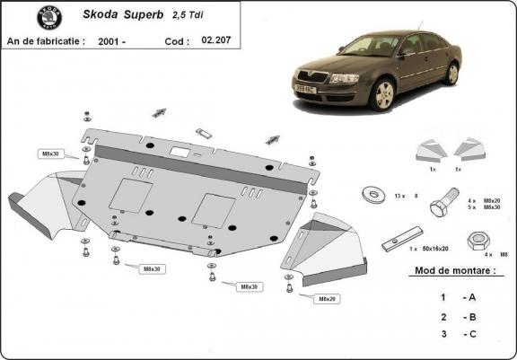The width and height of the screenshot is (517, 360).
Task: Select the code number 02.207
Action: [x=215, y=40]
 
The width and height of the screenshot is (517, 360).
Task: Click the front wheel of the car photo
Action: [x=386, y=92]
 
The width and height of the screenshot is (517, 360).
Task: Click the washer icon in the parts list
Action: [x=370, y=194]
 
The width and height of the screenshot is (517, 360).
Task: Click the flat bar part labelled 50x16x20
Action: [x=395, y=242]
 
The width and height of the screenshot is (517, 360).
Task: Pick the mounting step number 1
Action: [x=443, y=296]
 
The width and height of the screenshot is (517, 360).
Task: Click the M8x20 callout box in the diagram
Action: [x=322, y=298]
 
